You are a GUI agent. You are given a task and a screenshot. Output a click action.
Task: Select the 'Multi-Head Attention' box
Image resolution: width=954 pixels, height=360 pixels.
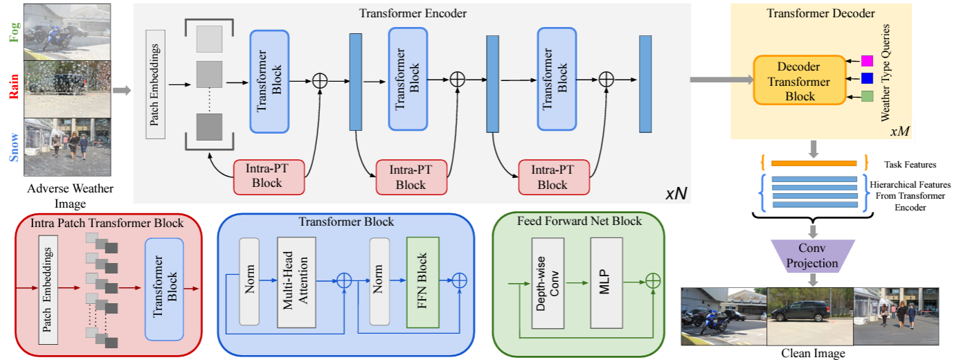click(296, 282)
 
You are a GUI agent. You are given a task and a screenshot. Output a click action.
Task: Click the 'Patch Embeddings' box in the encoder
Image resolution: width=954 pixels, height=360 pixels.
click(155, 84)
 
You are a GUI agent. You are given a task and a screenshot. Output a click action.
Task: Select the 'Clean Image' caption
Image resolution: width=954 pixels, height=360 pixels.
click(812, 353)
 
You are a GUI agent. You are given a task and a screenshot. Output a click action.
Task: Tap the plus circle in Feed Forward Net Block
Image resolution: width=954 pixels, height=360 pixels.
click(652, 281)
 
